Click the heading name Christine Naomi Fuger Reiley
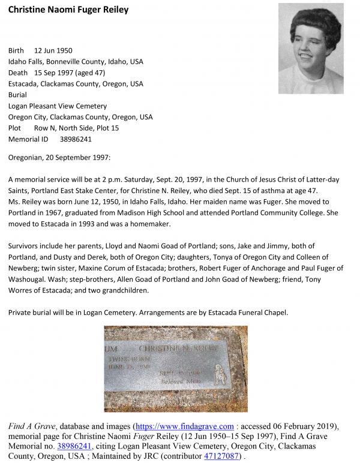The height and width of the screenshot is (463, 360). coord(68,10)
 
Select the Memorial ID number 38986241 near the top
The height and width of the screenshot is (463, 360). coord(76,139)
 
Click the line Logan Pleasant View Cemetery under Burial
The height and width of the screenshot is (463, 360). coord(58,106)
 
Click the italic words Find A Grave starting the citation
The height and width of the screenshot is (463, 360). coord(31,426)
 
